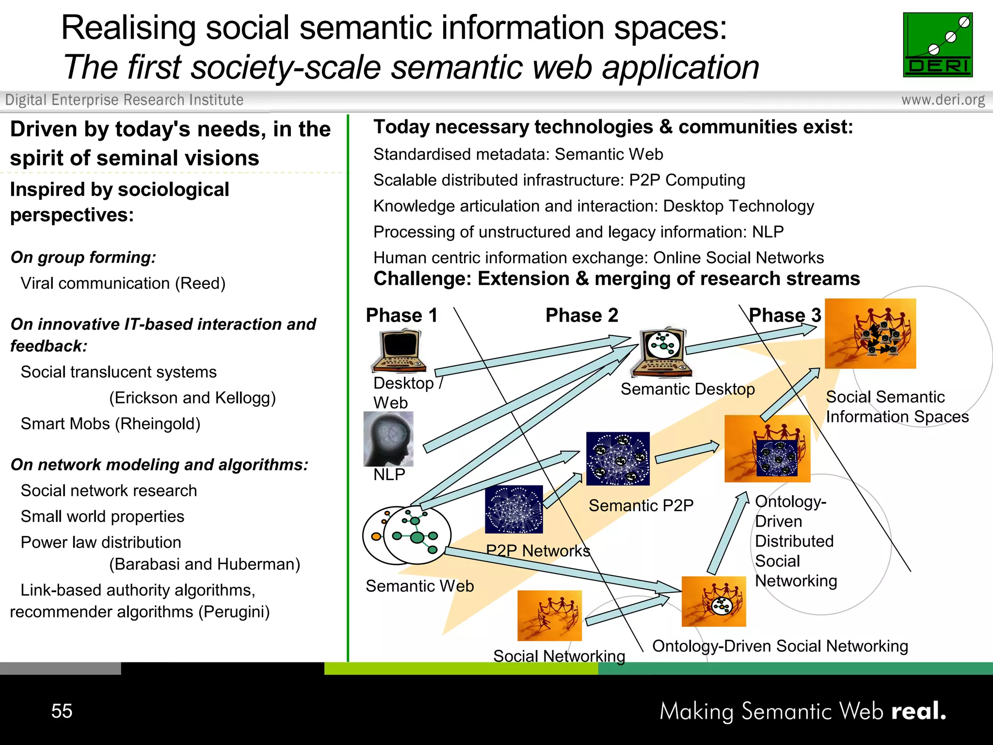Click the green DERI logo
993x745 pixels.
937,45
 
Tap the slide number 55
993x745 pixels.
62,711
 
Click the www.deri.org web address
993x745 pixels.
943,100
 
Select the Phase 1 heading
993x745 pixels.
401,315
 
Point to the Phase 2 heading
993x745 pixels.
581,315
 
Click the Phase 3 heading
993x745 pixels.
785,315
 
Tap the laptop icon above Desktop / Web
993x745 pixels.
399,350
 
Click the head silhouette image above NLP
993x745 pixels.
388,438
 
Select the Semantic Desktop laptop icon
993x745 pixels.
661,351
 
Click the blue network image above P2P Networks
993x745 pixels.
514,509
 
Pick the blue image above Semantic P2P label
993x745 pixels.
618,458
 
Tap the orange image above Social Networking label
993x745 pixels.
549,615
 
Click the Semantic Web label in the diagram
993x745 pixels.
419,586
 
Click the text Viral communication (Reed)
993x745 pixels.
123,283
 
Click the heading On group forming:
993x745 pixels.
83,257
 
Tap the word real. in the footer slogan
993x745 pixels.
918,711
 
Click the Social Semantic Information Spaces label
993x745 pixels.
897,407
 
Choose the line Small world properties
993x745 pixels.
102,517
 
